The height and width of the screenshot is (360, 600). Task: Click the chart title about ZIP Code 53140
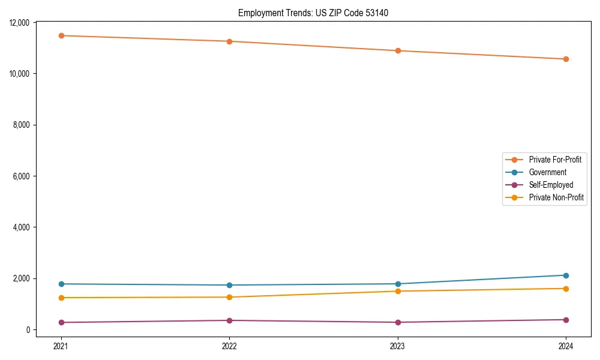pyautogui.click(x=313, y=13)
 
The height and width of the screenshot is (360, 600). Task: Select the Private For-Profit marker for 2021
pyautogui.click(x=61, y=35)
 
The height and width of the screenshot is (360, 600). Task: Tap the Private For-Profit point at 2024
pyautogui.click(x=566, y=59)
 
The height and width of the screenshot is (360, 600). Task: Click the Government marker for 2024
pyautogui.click(x=566, y=275)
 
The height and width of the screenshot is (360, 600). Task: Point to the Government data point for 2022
pyautogui.click(x=229, y=285)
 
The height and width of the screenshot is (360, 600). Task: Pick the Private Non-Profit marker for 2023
pyautogui.click(x=398, y=291)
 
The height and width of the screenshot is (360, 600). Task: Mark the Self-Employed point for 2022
pyautogui.click(x=229, y=320)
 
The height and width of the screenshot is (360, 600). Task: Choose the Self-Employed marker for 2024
pyautogui.click(x=566, y=320)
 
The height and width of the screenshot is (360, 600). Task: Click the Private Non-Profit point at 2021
pyautogui.click(x=61, y=298)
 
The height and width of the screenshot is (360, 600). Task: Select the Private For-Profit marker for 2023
pyautogui.click(x=398, y=50)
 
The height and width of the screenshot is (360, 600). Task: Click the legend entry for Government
pyautogui.click(x=547, y=172)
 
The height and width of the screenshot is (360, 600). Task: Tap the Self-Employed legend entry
pyautogui.click(x=551, y=185)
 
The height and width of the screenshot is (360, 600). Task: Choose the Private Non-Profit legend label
pyautogui.click(x=556, y=197)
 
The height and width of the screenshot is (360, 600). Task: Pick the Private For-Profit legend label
pyautogui.click(x=555, y=160)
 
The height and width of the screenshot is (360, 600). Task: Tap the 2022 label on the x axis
pyautogui.click(x=229, y=346)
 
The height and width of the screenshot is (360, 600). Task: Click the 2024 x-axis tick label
pyautogui.click(x=566, y=346)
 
